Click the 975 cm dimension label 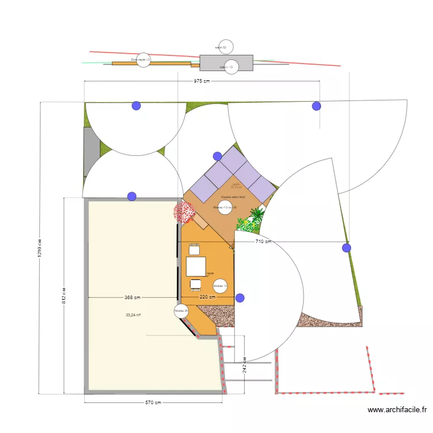pos(201,81)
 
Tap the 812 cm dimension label pos(64,297)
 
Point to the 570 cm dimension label pos(153,403)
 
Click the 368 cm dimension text pos(132,298)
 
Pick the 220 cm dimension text pos(207,297)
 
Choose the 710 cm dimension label pos(263,242)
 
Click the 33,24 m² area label pos(133,315)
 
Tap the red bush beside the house pos(185,212)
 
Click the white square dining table pos(195,266)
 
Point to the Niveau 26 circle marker pos(181,311)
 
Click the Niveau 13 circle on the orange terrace pos(220,285)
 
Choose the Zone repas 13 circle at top pos(143,59)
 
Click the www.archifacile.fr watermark pos(397,410)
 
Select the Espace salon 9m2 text pos(233,197)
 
